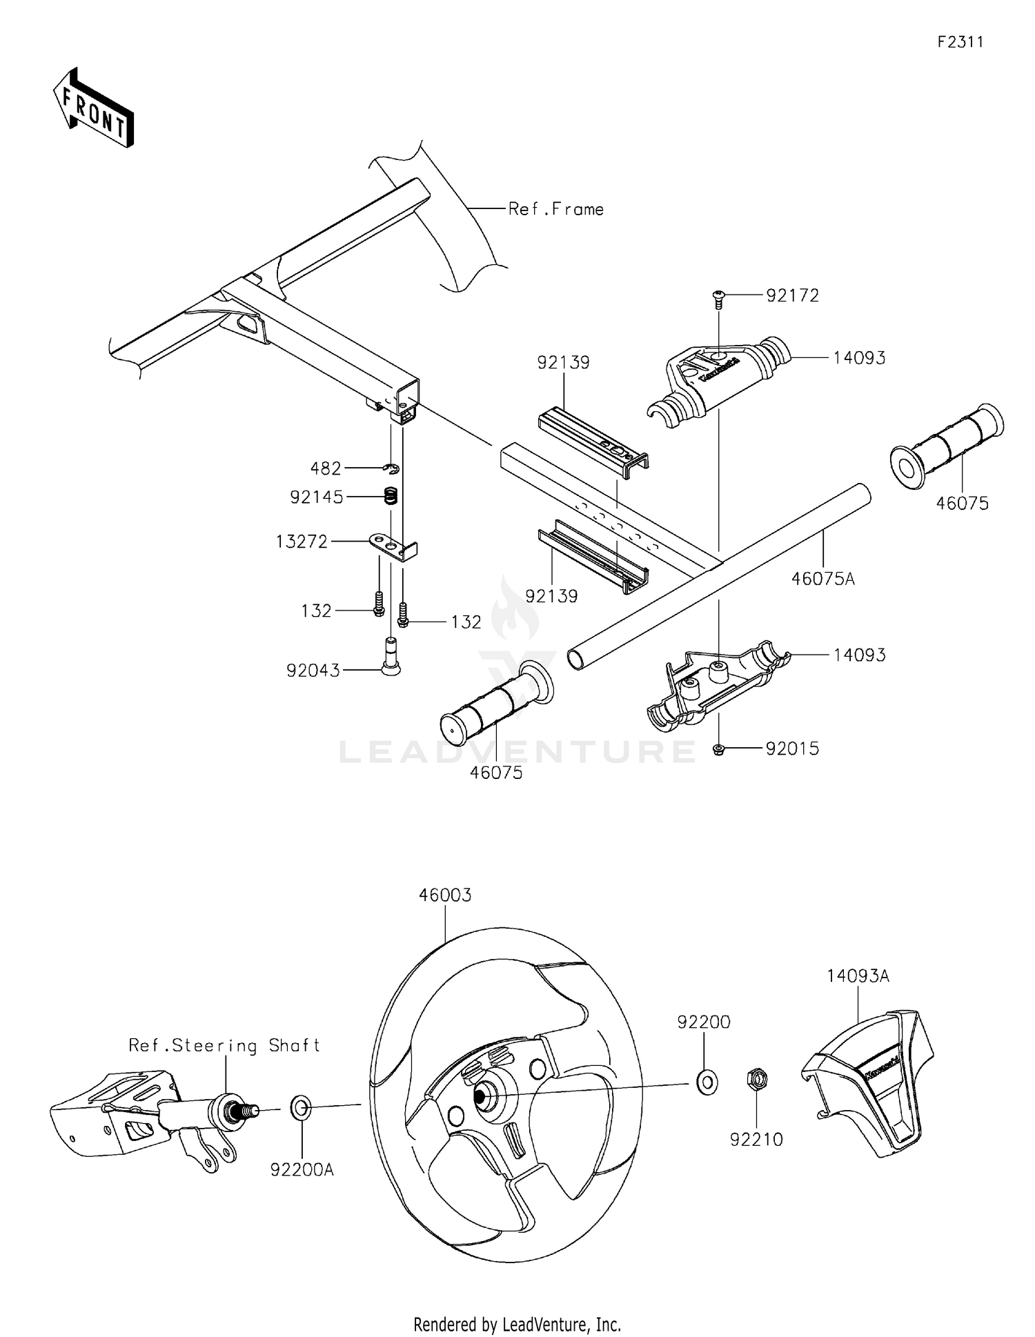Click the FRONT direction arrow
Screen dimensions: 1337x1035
[93, 109]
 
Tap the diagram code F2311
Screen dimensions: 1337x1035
[960, 42]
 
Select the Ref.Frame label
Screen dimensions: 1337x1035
[555, 209]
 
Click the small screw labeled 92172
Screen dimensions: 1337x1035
[718, 296]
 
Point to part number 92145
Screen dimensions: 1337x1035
[316, 497]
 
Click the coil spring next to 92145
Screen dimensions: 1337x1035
[391, 495]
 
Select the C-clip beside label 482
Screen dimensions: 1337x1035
[391, 469]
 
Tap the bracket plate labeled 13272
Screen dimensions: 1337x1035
[394, 544]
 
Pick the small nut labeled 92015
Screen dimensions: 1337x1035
[718, 749]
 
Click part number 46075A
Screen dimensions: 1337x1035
[822, 580]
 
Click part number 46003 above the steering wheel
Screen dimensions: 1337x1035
[445, 895]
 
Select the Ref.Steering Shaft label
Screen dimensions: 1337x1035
[224, 1046]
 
